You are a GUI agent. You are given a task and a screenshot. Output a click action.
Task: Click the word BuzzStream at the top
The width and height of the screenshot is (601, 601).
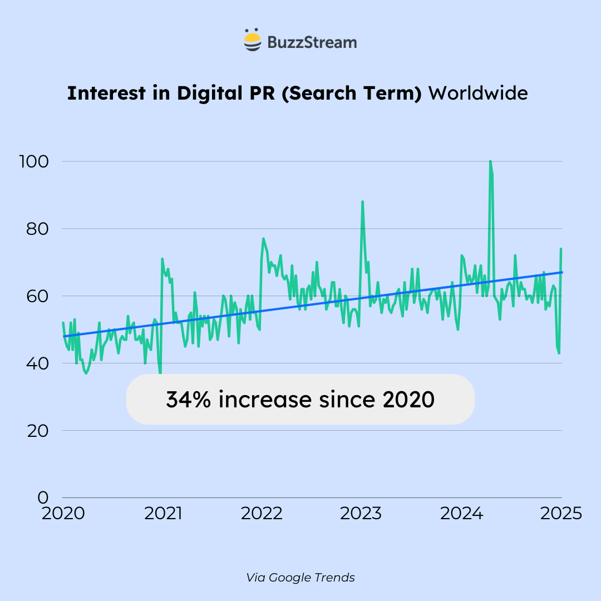(312, 42)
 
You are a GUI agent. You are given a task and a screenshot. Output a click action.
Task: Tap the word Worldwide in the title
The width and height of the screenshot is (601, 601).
(477, 93)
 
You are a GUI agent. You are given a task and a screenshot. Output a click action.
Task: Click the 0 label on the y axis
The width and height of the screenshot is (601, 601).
(42, 497)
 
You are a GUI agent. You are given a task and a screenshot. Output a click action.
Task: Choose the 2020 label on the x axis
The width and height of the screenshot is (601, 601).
(63, 513)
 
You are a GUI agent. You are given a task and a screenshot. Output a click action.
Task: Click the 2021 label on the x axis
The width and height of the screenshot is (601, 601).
(163, 513)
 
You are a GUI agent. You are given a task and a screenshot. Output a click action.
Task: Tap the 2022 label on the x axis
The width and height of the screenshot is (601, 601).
(263, 513)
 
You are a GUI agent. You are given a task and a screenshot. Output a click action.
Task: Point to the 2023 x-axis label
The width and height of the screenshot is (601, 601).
(361, 513)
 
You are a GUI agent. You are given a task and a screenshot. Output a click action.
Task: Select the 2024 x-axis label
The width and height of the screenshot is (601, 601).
(461, 513)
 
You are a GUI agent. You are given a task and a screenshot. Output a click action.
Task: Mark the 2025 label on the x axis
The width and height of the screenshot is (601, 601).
(560, 513)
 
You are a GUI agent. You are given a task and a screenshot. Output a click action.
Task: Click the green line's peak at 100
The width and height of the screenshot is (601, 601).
(490, 162)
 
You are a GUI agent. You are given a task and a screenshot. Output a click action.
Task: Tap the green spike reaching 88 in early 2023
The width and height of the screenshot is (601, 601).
(362, 202)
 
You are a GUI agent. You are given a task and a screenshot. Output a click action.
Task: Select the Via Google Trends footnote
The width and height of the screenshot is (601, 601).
(300, 578)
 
